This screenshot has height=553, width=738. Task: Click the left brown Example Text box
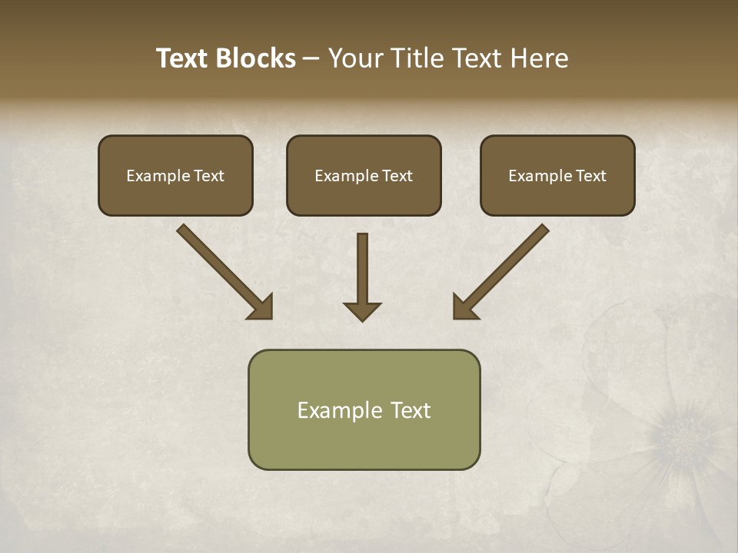click(175, 175)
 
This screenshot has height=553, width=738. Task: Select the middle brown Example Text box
click(364, 175)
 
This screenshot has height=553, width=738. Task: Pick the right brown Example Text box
click(557, 175)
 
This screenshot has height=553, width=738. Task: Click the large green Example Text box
click(364, 409)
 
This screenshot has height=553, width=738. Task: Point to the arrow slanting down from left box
click(223, 270)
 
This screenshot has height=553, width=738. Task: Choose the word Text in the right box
click(590, 176)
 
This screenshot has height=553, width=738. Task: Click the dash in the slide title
click(311, 59)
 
